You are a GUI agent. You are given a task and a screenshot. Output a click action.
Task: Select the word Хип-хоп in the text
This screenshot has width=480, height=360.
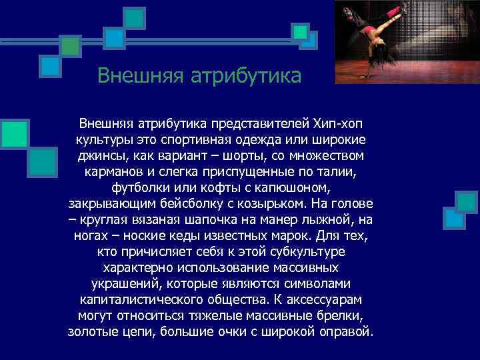tap(337, 125)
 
